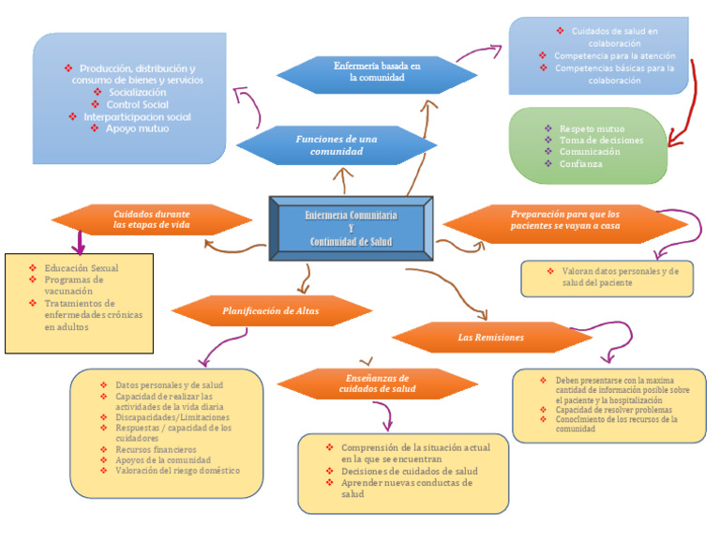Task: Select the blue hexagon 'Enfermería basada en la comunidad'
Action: tap(377, 72)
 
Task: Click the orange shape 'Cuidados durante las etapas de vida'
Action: tap(151, 219)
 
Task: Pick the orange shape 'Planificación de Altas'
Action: tap(271, 310)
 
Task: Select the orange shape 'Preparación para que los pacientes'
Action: tap(564, 219)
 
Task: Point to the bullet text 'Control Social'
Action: tap(137, 105)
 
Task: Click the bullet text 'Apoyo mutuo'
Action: tap(136, 128)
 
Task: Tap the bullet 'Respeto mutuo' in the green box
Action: tap(592, 128)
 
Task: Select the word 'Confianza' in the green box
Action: tap(580, 163)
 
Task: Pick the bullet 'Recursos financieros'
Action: tap(156, 450)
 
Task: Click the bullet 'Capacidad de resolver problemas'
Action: tap(613, 410)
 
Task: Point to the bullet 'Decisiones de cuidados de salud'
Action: tap(409, 471)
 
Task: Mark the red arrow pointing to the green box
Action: tap(691, 103)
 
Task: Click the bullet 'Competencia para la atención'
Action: tap(614, 55)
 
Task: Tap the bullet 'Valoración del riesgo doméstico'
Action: tap(177, 471)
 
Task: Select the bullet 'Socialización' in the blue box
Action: tap(137, 93)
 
